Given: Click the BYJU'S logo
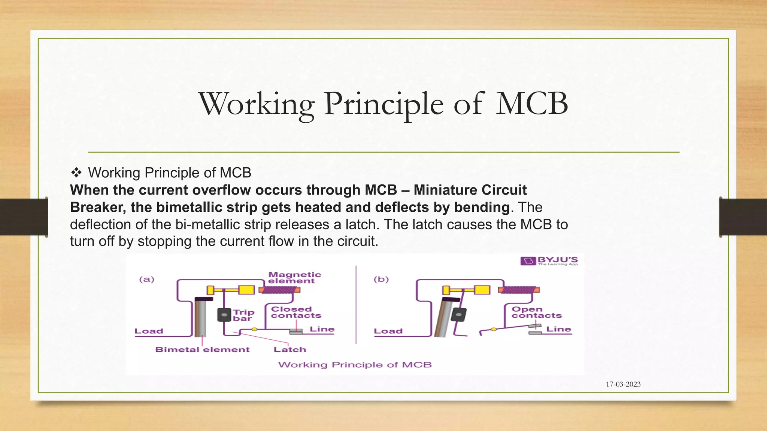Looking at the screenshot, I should tap(549, 260).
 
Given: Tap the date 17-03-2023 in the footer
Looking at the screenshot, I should tap(623, 384).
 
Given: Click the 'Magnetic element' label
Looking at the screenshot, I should tap(294, 278).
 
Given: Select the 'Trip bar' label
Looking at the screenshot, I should tap(243, 315).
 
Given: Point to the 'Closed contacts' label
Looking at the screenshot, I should tap(296, 312).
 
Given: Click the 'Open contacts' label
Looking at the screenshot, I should tap(536, 312).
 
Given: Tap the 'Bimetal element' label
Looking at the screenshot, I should tap(202, 349).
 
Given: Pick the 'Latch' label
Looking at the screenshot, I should tap(290, 349).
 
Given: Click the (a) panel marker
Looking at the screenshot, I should tap(147, 279).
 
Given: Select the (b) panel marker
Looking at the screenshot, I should tap(381, 279).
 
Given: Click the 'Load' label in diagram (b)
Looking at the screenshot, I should tap(388, 331).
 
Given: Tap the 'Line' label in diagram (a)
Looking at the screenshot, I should tap(322, 329).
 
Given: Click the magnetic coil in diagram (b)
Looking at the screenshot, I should tap(518, 290).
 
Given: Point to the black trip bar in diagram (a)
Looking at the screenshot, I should tap(224, 315).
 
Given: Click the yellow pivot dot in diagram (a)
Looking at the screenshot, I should tap(254, 329).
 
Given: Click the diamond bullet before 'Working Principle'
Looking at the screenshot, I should tap(76, 173).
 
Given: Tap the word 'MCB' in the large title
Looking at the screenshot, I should tap(532, 104).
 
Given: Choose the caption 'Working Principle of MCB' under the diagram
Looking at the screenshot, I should tap(355, 365).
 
